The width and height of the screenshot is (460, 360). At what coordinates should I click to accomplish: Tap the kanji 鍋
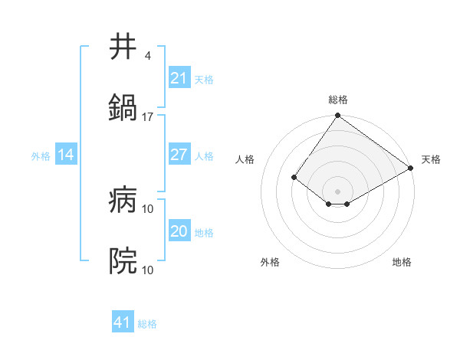(123, 107)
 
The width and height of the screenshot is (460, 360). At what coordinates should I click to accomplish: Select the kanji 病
(123, 201)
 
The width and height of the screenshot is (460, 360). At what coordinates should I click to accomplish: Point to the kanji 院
(123, 261)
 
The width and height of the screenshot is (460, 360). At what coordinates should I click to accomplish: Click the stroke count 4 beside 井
(147, 56)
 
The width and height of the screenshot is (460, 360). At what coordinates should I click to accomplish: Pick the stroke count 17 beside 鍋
(148, 116)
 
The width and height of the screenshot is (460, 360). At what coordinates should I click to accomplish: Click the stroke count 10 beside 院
(148, 270)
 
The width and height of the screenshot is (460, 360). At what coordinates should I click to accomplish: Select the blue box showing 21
(179, 78)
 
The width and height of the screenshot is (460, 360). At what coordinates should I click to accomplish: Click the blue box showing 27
(179, 155)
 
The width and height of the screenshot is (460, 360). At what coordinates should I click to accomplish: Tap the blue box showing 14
(66, 155)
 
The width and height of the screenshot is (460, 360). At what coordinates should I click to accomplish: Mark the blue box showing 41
(123, 322)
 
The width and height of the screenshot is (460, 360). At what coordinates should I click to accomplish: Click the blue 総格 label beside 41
(147, 324)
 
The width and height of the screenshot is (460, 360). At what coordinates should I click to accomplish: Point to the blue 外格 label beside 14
(41, 156)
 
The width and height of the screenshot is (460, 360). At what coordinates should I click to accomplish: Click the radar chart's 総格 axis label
(338, 100)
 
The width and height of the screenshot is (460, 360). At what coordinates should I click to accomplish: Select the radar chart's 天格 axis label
(431, 159)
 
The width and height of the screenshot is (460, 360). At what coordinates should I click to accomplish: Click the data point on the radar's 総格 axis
(338, 116)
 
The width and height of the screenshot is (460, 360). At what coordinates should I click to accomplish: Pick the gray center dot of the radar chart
(338, 191)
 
